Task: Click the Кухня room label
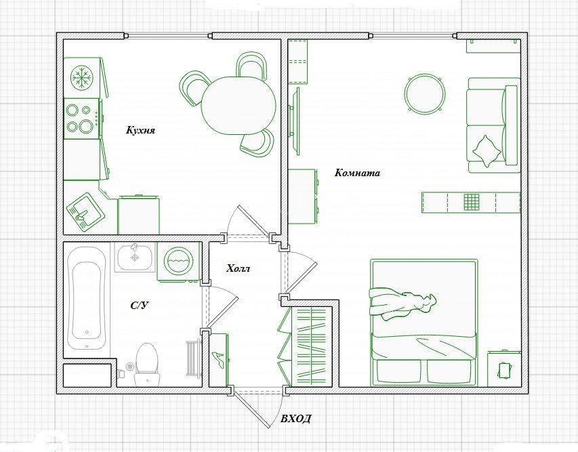[x=140, y=131]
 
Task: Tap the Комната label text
[x=357, y=173]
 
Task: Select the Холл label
[x=238, y=268]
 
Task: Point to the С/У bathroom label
[x=140, y=305]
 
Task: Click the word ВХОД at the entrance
[x=296, y=419]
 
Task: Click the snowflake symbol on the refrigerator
[x=83, y=77]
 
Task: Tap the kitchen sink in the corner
[x=85, y=211]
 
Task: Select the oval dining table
[x=239, y=105]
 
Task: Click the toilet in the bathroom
[x=147, y=363]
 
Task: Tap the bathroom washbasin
[x=135, y=257]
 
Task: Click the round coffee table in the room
[x=425, y=93]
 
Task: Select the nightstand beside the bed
[x=503, y=369]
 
